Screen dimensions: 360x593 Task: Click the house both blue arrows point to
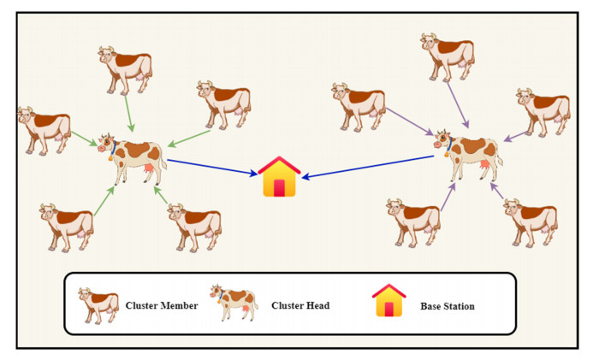click(280, 178)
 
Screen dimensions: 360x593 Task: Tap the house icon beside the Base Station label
click(388, 302)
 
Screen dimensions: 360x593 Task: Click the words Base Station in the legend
click(448, 305)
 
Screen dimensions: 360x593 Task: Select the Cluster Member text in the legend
click(162, 305)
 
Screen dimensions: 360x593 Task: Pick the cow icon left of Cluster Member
click(98, 304)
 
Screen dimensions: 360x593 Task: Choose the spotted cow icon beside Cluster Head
click(234, 303)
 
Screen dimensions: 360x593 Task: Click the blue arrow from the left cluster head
click(212, 167)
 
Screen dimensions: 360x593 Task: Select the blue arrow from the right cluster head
click(368, 168)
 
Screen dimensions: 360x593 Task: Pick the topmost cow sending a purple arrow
click(447, 56)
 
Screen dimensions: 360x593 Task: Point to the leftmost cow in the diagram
click(44, 128)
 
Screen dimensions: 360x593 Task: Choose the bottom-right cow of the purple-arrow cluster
click(530, 221)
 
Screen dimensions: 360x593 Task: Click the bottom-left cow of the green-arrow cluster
click(66, 226)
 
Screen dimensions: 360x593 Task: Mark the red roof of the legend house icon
click(388, 292)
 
